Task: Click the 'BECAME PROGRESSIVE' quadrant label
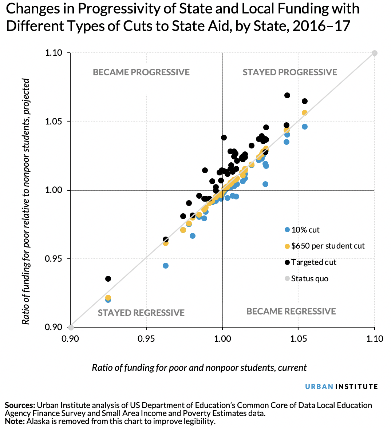[141, 72]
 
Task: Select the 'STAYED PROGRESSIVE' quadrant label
[290, 72]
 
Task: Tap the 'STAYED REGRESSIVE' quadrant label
[141, 313]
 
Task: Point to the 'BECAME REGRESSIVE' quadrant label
[291, 311]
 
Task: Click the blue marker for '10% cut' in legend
[287, 230]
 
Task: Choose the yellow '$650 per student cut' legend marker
[287, 246]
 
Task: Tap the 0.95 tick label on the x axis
[146, 339]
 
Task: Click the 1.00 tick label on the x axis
[222, 339]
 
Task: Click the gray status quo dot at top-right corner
[375, 53]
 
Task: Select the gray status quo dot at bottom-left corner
[71, 327]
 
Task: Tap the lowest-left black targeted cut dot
[108, 279]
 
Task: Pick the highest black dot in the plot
[287, 95]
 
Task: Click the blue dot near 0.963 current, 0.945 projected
[166, 266]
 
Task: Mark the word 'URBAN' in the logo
[319, 387]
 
